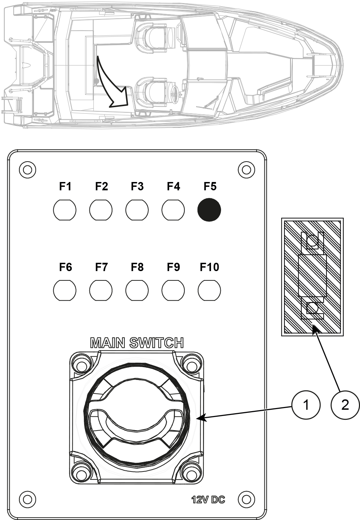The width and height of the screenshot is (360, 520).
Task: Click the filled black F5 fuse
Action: (x=209, y=210)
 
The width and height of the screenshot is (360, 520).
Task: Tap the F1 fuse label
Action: (x=65, y=187)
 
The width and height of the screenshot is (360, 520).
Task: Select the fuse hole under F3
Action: (x=137, y=210)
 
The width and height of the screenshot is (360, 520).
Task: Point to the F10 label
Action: (x=209, y=267)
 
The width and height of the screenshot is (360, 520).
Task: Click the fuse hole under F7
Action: (x=101, y=290)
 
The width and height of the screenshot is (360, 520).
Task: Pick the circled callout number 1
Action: (x=306, y=405)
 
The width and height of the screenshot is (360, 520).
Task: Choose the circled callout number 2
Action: (x=345, y=405)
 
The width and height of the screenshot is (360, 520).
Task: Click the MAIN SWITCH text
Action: (x=137, y=343)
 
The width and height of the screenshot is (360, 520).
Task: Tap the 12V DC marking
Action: (x=208, y=500)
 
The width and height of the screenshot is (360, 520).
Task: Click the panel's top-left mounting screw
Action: (x=28, y=170)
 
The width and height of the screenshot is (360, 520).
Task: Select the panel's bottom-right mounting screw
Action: (x=246, y=499)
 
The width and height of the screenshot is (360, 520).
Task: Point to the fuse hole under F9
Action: (x=173, y=290)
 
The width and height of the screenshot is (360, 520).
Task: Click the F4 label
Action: (x=173, y=187)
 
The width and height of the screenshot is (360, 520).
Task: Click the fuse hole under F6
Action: (x=65, y=290)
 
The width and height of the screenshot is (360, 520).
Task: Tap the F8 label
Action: (x=137, y=267)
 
